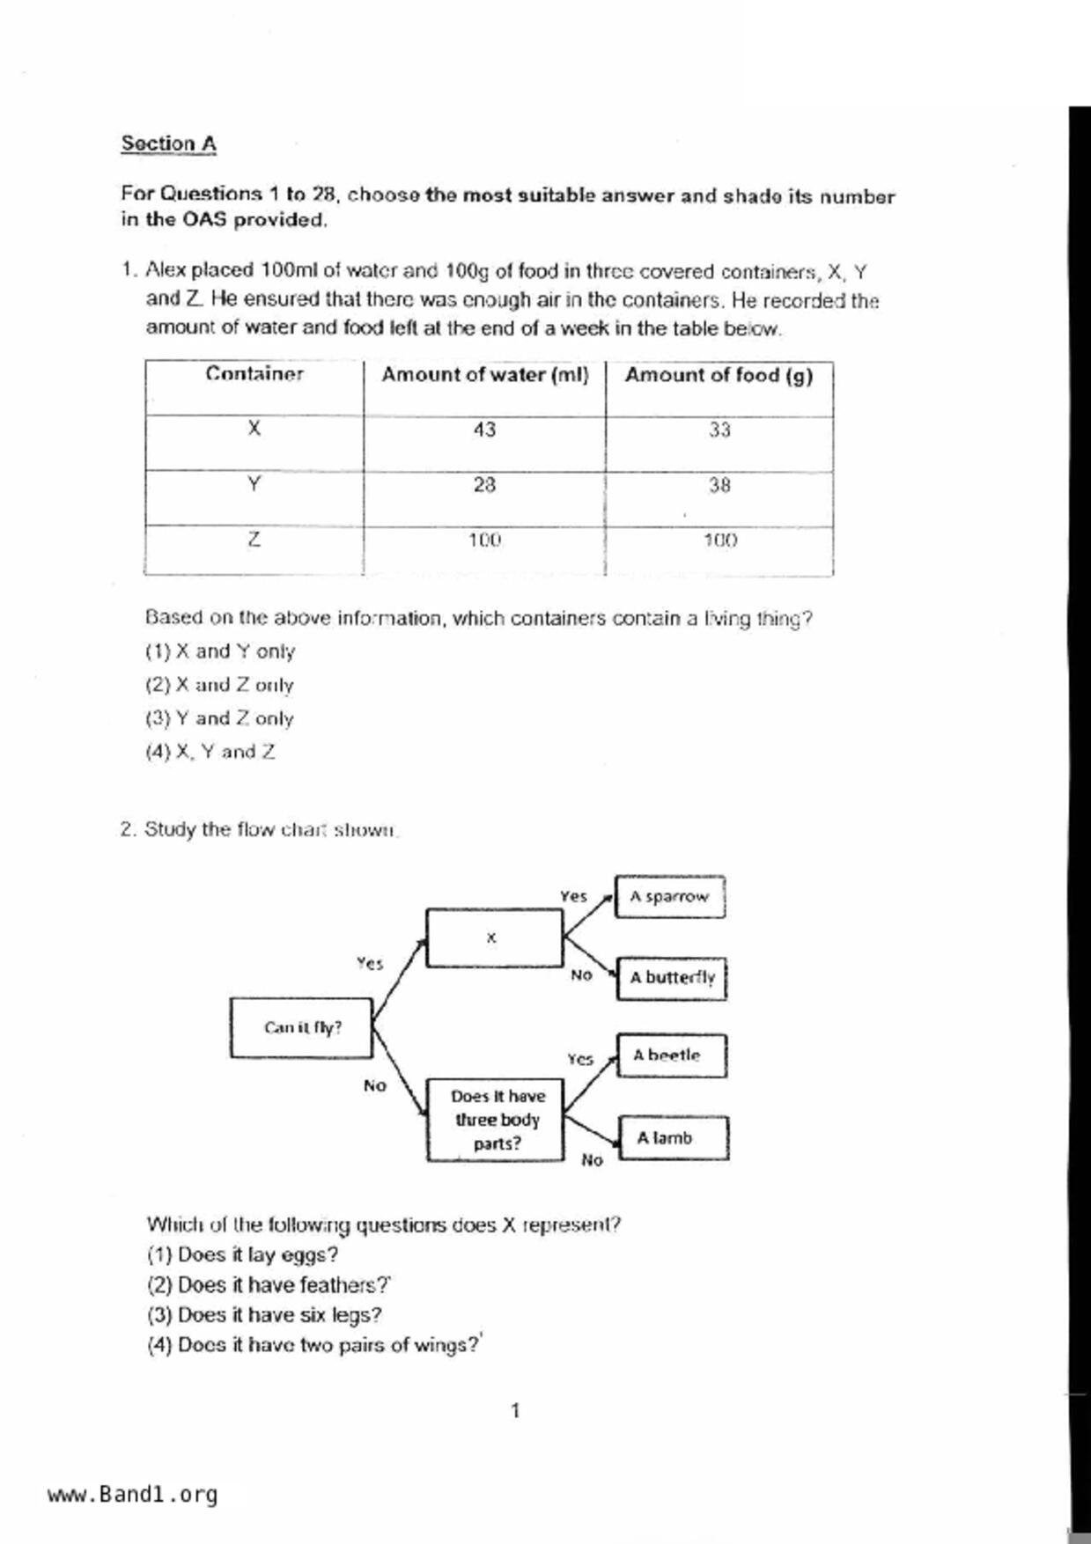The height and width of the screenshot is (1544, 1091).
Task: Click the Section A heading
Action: [168, 143]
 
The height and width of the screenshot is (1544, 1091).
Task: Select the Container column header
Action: [254, 374]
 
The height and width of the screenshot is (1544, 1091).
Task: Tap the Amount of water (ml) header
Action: [484, 375]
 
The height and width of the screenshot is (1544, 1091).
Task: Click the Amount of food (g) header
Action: [719, 376]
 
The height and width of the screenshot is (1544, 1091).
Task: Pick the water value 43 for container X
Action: [484, 430]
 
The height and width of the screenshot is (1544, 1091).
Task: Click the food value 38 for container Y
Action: [719, 485]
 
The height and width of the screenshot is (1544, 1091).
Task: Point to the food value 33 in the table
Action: [719, 430]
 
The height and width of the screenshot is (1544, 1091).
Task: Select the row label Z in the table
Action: [254, 540]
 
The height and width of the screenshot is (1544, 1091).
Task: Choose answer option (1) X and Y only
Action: [220, 651]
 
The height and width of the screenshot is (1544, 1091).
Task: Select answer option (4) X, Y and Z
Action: [210, 752]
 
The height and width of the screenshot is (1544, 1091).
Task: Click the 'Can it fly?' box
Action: [301, 1027]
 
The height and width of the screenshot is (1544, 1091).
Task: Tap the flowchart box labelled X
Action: [493, 938]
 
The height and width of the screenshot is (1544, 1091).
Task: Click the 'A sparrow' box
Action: [669, 897]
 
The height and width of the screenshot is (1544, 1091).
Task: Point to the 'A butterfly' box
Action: [672, 978]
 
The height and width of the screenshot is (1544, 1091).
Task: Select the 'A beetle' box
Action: [671, 1055]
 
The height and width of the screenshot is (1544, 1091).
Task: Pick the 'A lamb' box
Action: [673, 1138]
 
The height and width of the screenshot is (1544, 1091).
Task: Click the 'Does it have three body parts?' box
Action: [496, 1120]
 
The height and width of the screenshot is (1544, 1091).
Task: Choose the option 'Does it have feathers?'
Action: [269, 1285]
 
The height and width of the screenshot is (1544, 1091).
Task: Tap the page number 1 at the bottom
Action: [515, 1411]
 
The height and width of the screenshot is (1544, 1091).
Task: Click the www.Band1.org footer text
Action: [132, 1495]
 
